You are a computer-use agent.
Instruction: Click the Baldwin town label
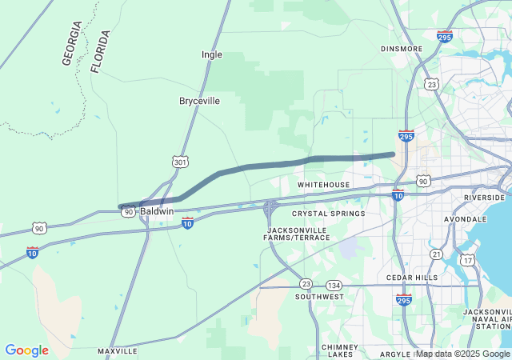(x=157, y=211)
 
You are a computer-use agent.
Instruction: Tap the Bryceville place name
(x=199, y=102)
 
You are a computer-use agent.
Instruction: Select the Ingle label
(x=212, y=54)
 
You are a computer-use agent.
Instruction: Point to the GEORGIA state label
(x=71, y=43)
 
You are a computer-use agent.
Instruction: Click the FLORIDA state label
(x=100, y=52)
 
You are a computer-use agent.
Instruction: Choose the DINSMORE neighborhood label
(x=402, y=49)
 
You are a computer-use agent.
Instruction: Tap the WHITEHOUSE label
(x=324, y=185)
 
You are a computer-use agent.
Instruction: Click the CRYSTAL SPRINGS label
(x=328, y=214)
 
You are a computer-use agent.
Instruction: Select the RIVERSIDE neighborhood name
(x=484, y=197)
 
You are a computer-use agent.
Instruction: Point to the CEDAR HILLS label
(x=412, y=278)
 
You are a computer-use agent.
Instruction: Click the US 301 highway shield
(x=180, y=162)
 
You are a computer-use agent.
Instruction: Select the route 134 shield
(x=334, y=286)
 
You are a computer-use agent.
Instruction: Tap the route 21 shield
(x=436, y=254)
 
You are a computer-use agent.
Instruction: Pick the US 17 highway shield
(x=467, y=260)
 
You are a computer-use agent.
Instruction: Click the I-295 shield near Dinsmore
(x=446, y=36)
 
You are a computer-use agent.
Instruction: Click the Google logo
(x=26, y=350)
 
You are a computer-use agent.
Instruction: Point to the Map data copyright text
(x=463, y=354)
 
